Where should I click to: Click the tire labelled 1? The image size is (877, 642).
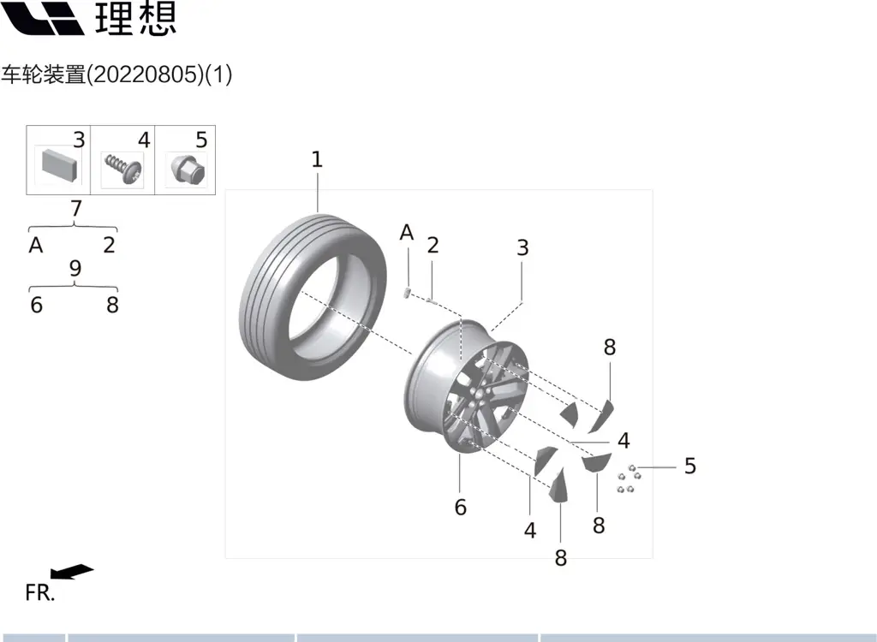coord(313,298)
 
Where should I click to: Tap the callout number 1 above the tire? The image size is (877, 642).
coord(317,159)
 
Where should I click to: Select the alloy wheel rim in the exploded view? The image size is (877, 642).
coord(466,386)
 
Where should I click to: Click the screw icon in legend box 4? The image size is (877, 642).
coord(123,169)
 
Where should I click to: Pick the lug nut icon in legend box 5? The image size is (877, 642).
coord(187,169)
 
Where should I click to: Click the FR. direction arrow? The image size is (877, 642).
coord(72,572)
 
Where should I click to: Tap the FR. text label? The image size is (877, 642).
coord(40,593)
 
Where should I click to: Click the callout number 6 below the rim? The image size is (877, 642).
coord(460,508)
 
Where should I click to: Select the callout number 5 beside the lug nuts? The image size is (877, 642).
coord(690,466)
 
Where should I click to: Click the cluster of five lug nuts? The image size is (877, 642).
coord(629,479)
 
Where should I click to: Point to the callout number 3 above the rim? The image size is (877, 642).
coord(522,247)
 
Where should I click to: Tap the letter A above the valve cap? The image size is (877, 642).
coord(407,233)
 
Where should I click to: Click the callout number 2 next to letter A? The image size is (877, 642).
coord(433,245)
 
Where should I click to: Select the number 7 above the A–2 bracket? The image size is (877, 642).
coord(76,209)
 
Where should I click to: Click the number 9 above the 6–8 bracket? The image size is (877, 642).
coord(75,269)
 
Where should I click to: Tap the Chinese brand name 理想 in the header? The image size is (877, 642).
coord(136,19)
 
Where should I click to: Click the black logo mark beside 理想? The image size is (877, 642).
coord(42,19)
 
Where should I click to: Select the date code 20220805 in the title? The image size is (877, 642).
coord(146,74)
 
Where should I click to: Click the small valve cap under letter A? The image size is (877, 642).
coord(407,293)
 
